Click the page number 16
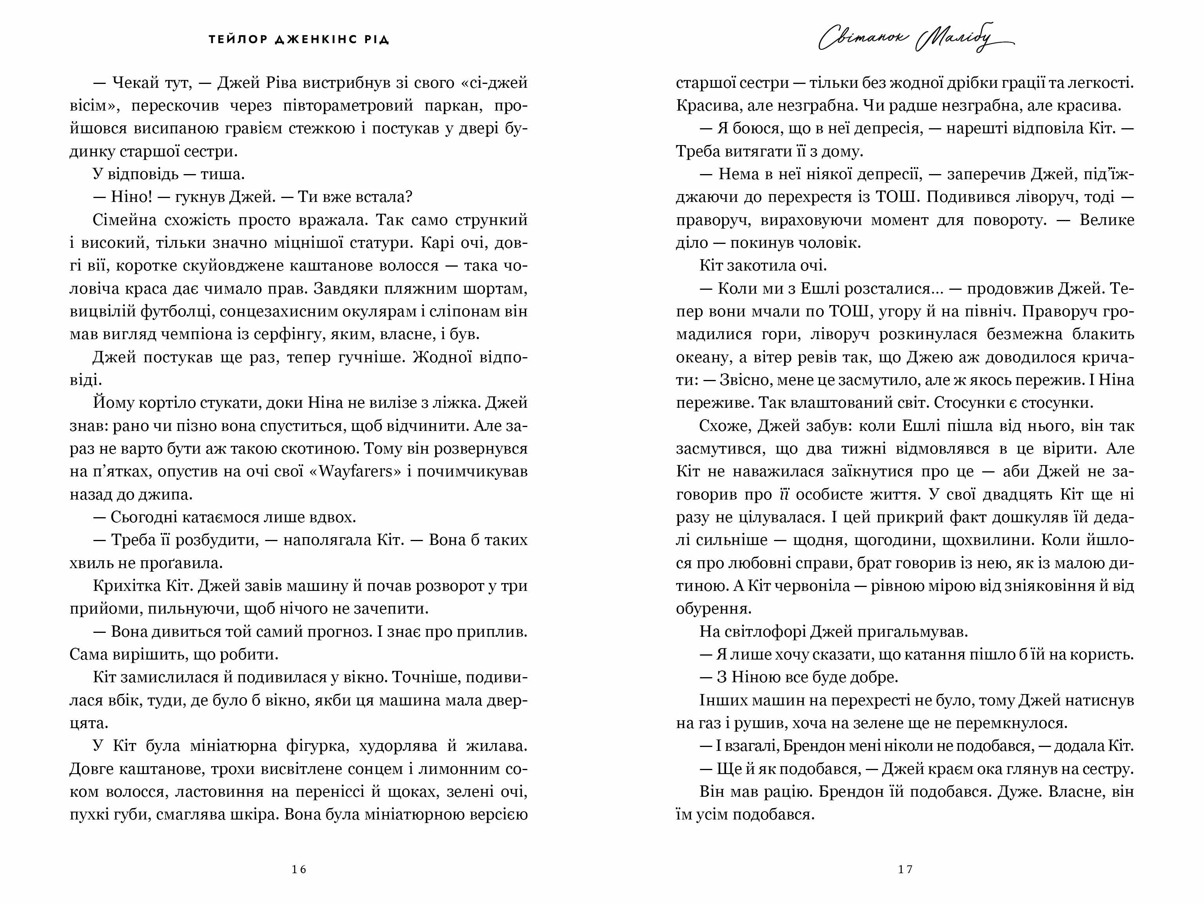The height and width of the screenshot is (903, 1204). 299,869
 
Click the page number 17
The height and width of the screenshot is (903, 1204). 905,869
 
